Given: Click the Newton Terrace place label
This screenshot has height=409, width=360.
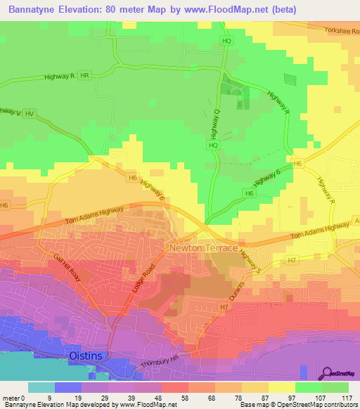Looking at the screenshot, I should point(201,248).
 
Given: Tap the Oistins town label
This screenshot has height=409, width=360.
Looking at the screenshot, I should point(86,356).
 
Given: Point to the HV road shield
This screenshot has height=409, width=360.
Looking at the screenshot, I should point(29,112).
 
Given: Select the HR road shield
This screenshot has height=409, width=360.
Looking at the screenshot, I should point(85,75).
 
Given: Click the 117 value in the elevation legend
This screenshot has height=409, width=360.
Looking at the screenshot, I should point(346,398).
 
